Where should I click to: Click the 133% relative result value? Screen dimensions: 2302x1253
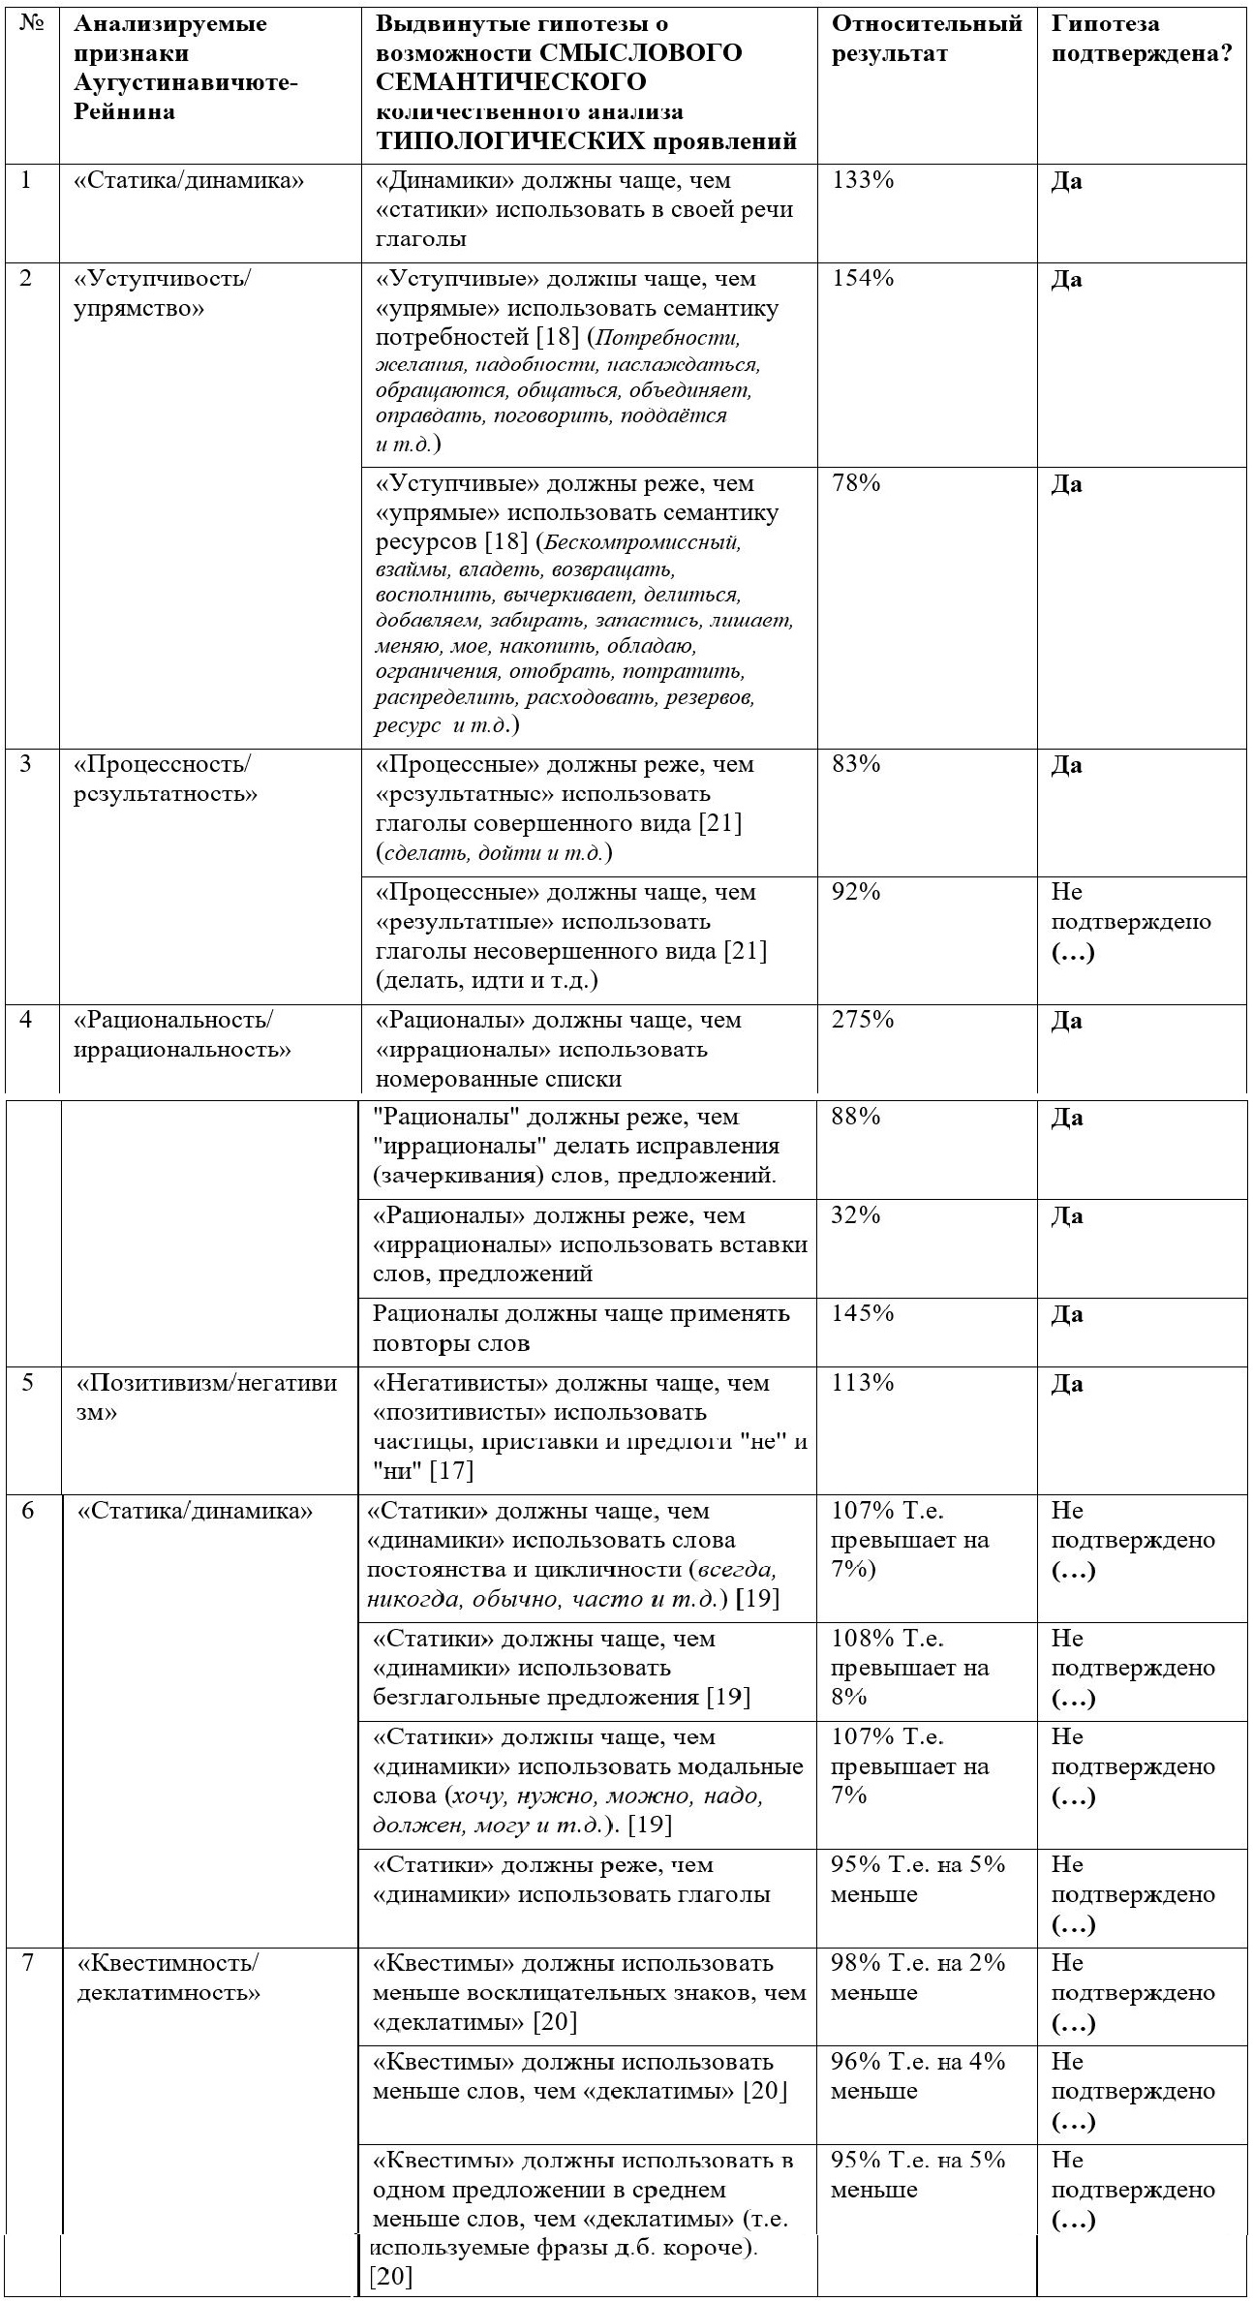click(863, 180)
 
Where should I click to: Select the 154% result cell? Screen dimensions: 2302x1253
click(863, 278)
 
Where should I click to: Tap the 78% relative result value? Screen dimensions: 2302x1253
click(856, 482)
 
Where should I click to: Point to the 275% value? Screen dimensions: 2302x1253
click(863, 1019)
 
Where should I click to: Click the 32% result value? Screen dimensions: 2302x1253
click(856, 1214)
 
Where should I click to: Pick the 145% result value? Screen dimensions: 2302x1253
click(863, 1313)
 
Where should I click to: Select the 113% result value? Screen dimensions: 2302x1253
click(863, 1382)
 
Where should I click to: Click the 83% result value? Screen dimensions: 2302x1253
click(856, 763)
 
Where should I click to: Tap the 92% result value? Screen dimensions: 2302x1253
click(856, 891)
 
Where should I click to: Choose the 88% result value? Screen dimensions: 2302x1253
click(856, 1116)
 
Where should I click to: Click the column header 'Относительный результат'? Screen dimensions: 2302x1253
click(927, 39)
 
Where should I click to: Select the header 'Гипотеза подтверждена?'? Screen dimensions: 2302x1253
click(1141, 39)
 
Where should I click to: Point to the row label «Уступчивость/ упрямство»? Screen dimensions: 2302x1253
click(162, 293)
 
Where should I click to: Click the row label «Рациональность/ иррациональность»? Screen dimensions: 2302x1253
click(182, 1034)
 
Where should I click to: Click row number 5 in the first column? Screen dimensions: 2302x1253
click(27, 1382)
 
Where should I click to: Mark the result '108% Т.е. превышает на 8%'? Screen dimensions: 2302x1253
click(910, 1667)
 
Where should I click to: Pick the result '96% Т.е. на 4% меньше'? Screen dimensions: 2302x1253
click(918, 2075)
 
